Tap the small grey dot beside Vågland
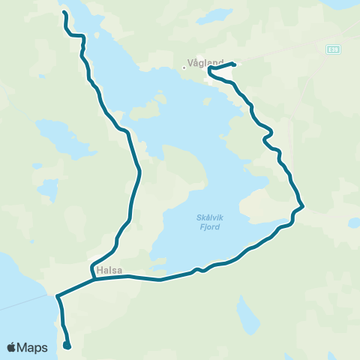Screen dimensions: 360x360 184,68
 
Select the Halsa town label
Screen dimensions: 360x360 109,270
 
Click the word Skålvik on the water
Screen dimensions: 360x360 205,217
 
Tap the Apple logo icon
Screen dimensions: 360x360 13,347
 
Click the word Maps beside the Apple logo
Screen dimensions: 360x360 34,347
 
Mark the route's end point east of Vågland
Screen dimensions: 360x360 235,64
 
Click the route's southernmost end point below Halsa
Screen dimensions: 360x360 67,346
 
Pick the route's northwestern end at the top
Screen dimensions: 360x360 63,13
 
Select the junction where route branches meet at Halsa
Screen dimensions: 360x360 94,280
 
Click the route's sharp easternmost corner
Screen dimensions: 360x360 302,206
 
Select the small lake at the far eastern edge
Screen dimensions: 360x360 354,223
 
